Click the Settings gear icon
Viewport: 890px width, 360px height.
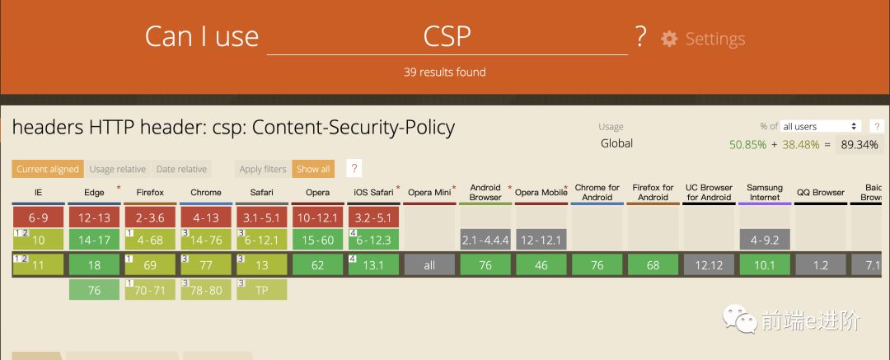(x=669, y=39)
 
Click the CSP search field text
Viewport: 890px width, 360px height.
(x=447, y=37)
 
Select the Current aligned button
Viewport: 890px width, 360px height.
(x=48, y=170)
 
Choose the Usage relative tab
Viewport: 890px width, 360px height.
(x=117, y=170)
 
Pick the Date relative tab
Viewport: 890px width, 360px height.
(x=181, y=170)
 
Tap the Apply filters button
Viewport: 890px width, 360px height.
(x=263, y=170)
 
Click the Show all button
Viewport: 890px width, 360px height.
(x=313, y=170)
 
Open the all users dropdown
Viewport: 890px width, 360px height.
(x=820, y=126)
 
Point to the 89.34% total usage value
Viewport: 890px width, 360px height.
(x=858, y=144)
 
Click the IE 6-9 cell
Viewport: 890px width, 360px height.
(x=39, y=217)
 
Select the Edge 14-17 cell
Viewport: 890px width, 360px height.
(x=94, y=240)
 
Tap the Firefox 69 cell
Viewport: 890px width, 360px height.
(x=150, y=265)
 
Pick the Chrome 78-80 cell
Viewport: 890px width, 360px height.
(x=206, y=290)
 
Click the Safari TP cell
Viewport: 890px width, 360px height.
(x=262, y=290)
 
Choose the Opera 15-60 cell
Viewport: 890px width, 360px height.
(x=317, y=240)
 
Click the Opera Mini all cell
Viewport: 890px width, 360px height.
(x=429, y=265)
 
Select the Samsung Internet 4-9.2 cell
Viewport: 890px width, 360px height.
(x=765, y=240)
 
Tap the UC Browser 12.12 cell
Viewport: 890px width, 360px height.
(x=709, y=265)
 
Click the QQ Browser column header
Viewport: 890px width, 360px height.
(x=821, y=193)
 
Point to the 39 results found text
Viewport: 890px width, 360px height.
(x=444, y=72)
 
